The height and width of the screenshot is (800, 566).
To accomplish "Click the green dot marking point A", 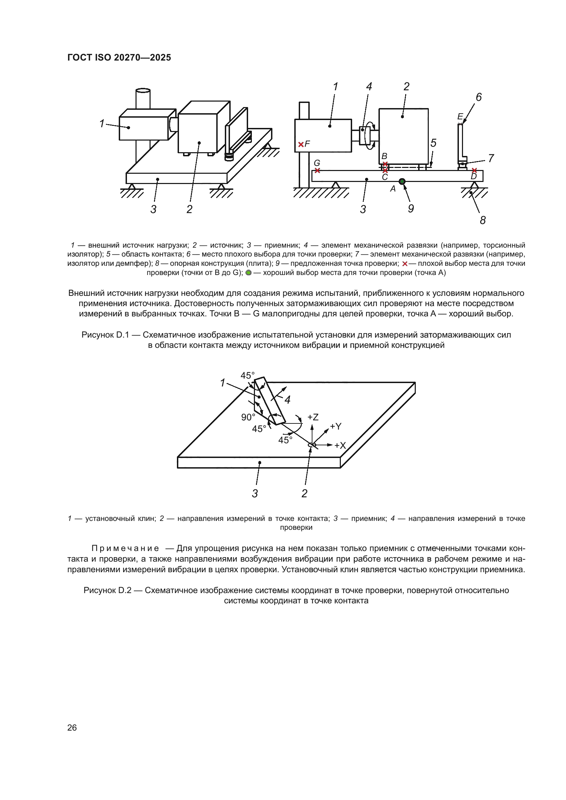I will point(402,181).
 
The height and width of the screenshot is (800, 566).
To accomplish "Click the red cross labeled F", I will point(301,144).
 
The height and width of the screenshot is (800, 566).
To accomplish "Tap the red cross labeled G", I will point(317,170).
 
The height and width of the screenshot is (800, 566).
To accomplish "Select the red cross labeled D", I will point(474,170).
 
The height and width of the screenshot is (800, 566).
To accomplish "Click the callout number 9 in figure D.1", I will point(411,209).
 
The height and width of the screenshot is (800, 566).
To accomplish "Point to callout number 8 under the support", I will point(483,220).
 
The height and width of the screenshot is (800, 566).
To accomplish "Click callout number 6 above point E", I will point(478,97).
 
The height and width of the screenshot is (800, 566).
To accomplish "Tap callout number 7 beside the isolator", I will point(491,158).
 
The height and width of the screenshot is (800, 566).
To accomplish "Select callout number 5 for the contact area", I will point(433,143).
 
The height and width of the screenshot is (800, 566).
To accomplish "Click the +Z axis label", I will point(313,417).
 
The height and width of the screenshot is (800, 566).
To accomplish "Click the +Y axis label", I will point(336,427).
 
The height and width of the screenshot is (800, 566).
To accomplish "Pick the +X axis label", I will point(340,445).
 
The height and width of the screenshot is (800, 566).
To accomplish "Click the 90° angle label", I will point(248,417).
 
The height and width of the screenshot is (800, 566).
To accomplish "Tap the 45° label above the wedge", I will point(247,376).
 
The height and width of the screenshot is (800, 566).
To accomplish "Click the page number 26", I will point(72,727).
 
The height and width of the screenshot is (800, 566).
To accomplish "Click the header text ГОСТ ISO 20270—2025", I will point(119,57).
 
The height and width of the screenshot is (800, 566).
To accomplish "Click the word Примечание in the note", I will point(125,548).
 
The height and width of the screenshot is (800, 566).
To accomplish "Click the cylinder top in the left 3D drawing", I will point(143,90).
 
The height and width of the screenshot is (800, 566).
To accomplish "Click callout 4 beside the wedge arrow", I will point(287,399).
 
